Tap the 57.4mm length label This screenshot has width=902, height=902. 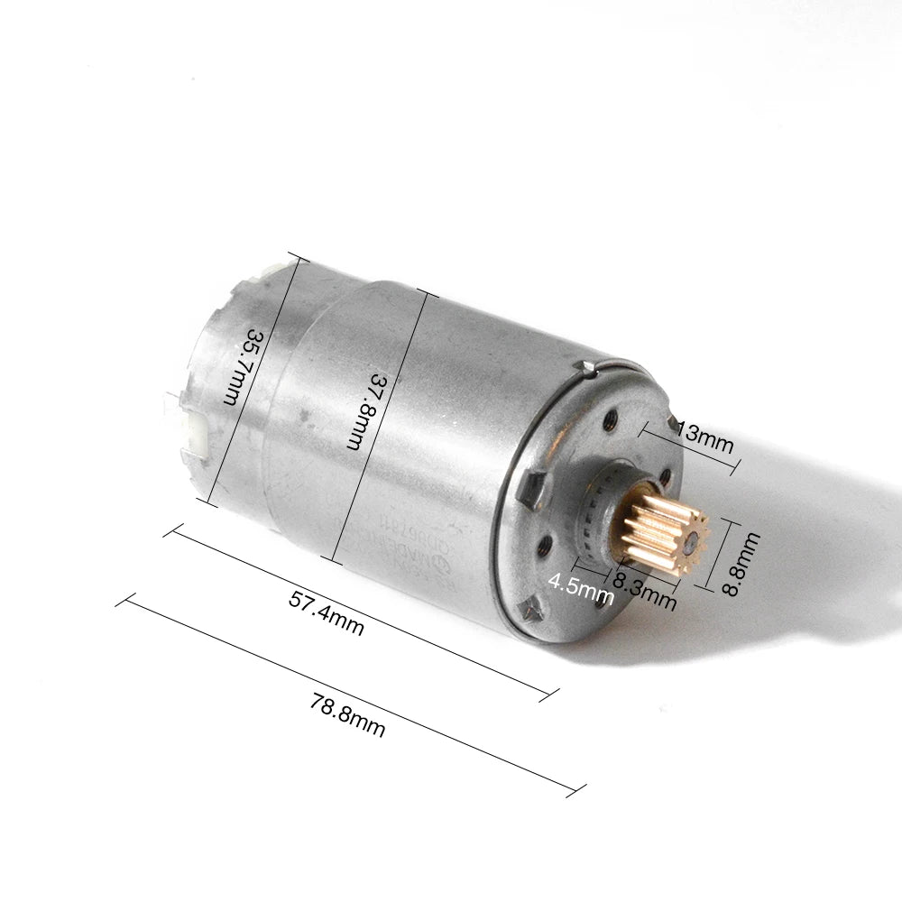coord(327,612)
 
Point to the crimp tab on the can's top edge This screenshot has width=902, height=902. coord(587,366)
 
